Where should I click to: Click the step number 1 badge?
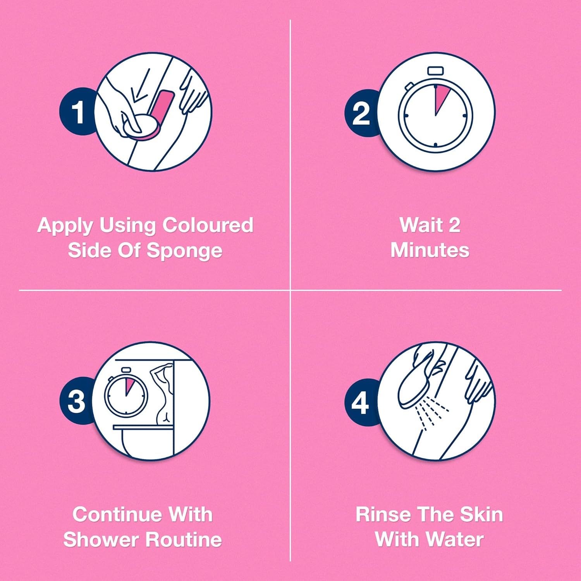tap(77, 112)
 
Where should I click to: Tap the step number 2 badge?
tap(361, 113)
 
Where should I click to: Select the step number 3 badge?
tap(76, 401)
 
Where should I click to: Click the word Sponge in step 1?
tap(185, 251)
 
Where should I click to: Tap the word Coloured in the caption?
tap(208, 225)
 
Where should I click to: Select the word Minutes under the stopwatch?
tap(430, 250)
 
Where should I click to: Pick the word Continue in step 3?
tap(118, 514)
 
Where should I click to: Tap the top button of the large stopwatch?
tap(435, 71)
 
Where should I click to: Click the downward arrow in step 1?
tap(140, 87)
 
